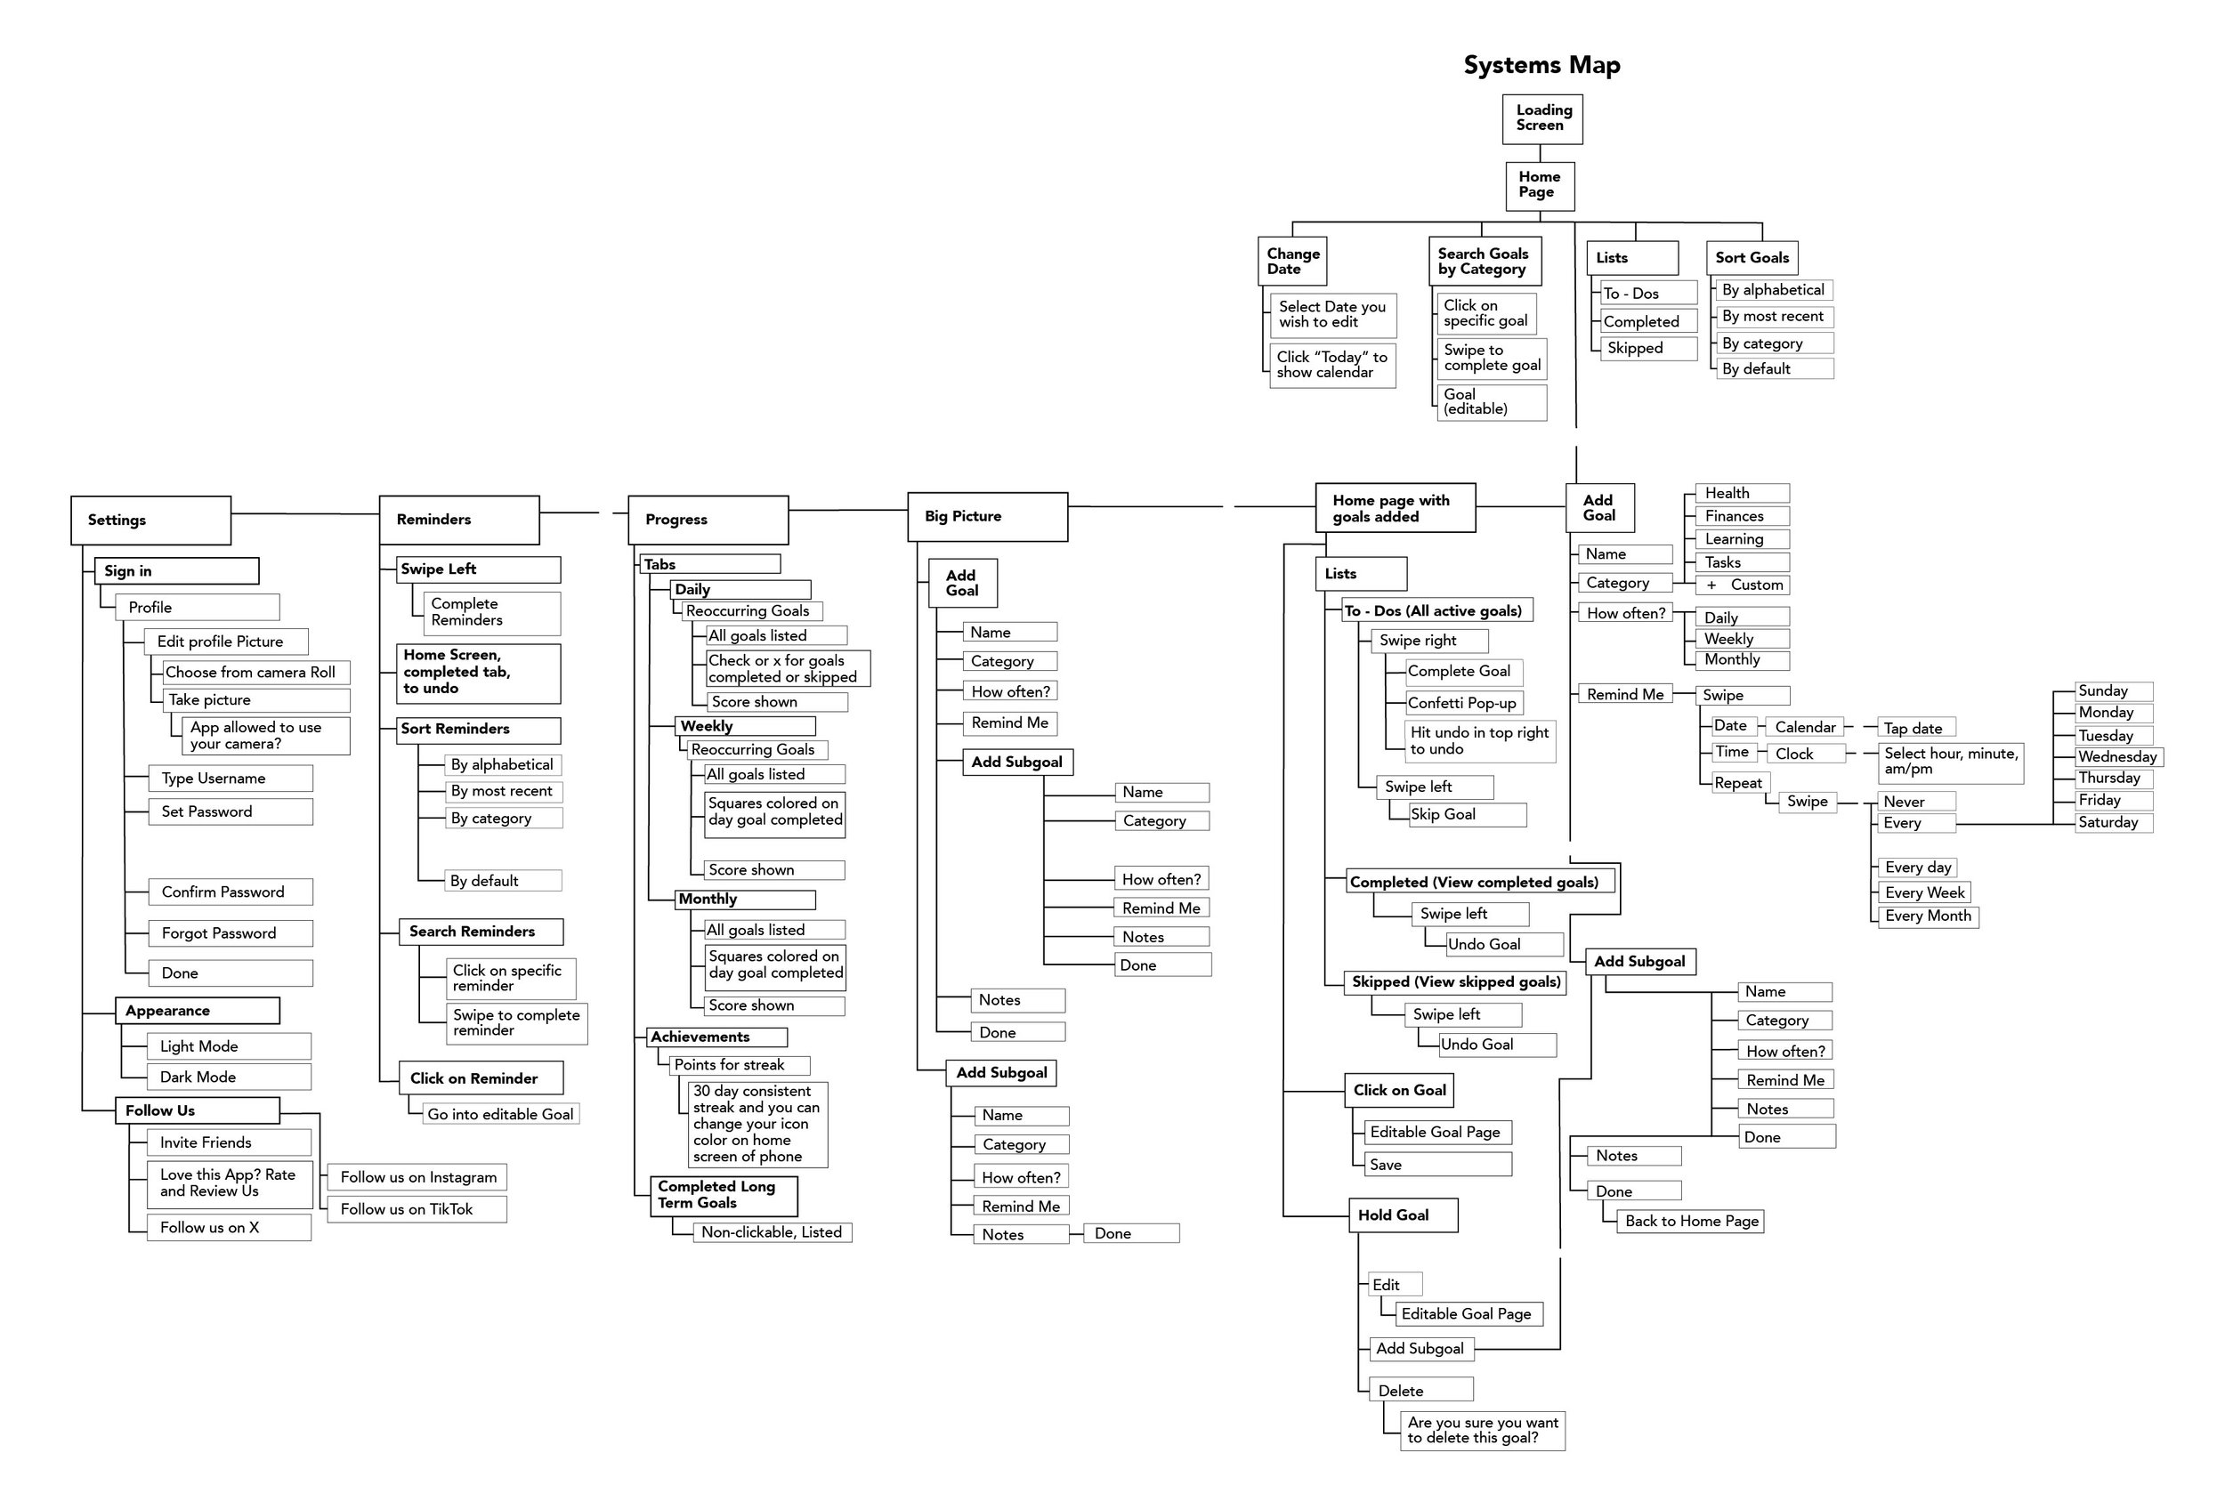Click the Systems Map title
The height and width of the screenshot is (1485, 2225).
tap(1541, 65)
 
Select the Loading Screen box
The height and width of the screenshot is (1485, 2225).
tap(1542, 118)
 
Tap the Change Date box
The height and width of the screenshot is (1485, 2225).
tap(1292, 262)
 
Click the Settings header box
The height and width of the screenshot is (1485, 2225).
tap(150, 520)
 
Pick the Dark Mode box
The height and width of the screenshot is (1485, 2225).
tap(228, 1077)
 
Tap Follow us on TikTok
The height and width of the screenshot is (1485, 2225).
tap(417, 1209)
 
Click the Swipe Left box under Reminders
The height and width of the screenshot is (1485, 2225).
tap(478, 569)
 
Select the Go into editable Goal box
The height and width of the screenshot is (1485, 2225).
tap(500, 1115)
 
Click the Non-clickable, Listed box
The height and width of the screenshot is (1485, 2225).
tap(771, 1232)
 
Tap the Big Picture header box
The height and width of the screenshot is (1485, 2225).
tap(987, 517)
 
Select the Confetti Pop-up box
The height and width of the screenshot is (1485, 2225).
tap(1463, 703)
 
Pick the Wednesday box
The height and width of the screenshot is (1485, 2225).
tap(2118, 756)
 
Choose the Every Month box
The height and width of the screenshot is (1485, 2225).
tap(1928, 916)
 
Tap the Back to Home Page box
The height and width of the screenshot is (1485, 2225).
tap(1692, 1222)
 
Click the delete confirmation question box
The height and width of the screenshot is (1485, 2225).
tap(1483, 1430)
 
